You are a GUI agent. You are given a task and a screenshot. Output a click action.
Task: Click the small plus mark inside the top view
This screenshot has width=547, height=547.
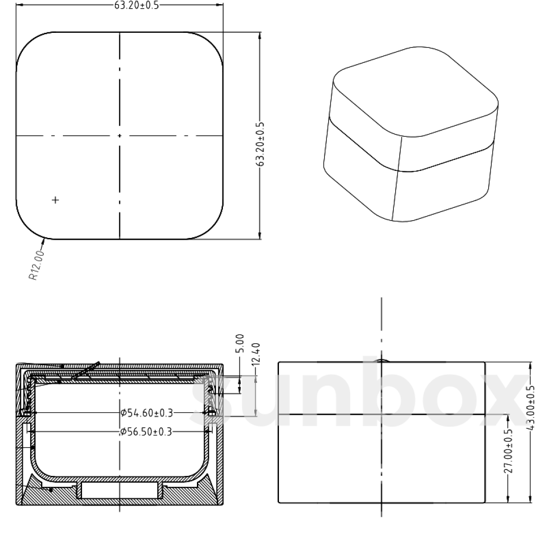click(x=56, y=200)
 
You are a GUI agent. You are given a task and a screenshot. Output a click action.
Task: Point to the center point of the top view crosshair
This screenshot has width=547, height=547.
click(x=119, y=136)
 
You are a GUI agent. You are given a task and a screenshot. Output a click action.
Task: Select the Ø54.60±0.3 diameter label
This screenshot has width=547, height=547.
click(x=147, y=413)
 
